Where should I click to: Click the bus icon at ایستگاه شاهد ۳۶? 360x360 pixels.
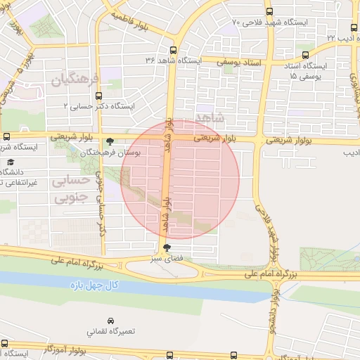pyautogui.click(x=173, y=50)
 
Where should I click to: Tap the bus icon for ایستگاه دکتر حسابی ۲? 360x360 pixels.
pyautogui.click(x=98, y=96)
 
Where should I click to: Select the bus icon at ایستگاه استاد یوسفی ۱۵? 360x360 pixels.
pyautogui.click(x=304, y=54)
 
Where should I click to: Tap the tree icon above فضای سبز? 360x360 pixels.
pyautogui.click(x=167, y=247)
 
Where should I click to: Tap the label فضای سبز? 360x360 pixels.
pyautogui.click(x=167, y=258)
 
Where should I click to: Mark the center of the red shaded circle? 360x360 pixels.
pyautogui.click(x=180, y=179)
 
